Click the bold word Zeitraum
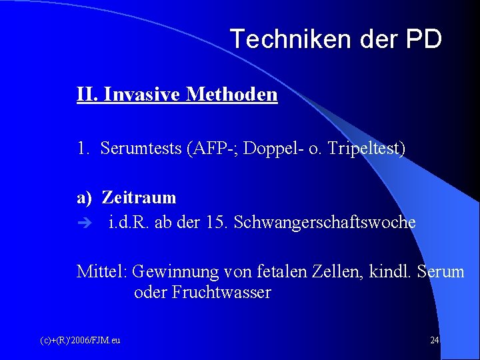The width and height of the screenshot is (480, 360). click(x=139, y=197)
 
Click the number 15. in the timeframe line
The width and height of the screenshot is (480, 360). click(x=215, y=222)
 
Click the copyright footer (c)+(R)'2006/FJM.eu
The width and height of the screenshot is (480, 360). click(x=80, y=340)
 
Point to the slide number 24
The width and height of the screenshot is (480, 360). click(x=434, y=340)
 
